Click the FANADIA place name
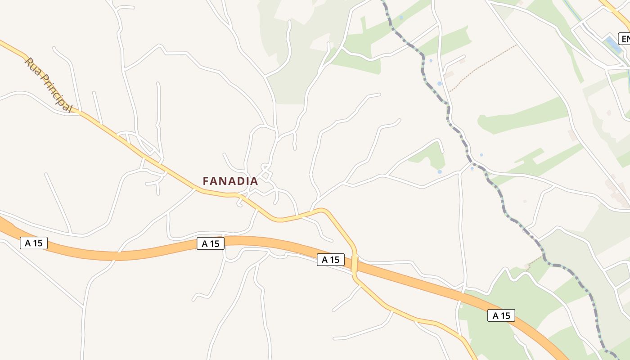(230, 181)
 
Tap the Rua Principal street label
(48, 85)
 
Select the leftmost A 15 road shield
(34, 243)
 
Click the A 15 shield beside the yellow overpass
(331, 260)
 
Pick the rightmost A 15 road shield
(501, 315)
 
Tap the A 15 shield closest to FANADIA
(211, 243)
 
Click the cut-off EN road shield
(625, 39)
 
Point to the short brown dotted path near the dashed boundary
(535, 260)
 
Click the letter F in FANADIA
(206, 181)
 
